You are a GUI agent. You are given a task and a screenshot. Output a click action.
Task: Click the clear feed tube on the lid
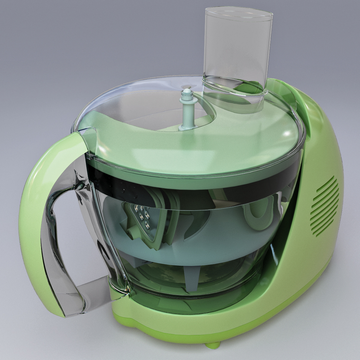[237, 50]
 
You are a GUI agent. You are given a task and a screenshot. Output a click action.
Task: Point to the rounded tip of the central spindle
[187, 90]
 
